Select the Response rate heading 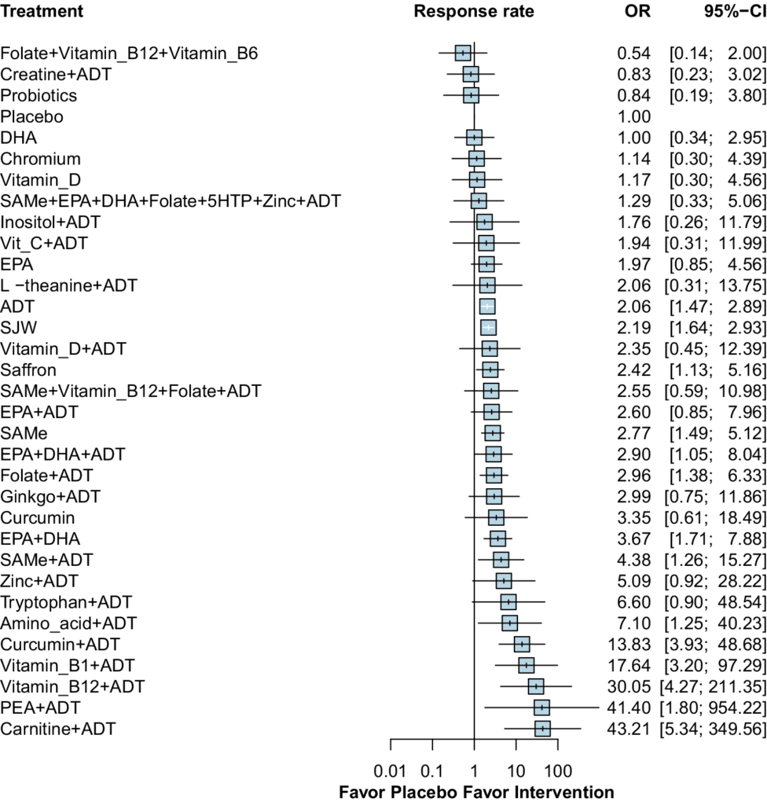tap(474, 12)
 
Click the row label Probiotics tap(39, 96)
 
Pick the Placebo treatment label tap(32, 117)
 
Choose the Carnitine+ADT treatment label tap(59, 708)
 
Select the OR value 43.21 tap(633, 708)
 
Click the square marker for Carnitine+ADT tap(542, 707)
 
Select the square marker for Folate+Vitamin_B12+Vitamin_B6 tap(463, 53)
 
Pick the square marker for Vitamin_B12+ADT tap(536, 664)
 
